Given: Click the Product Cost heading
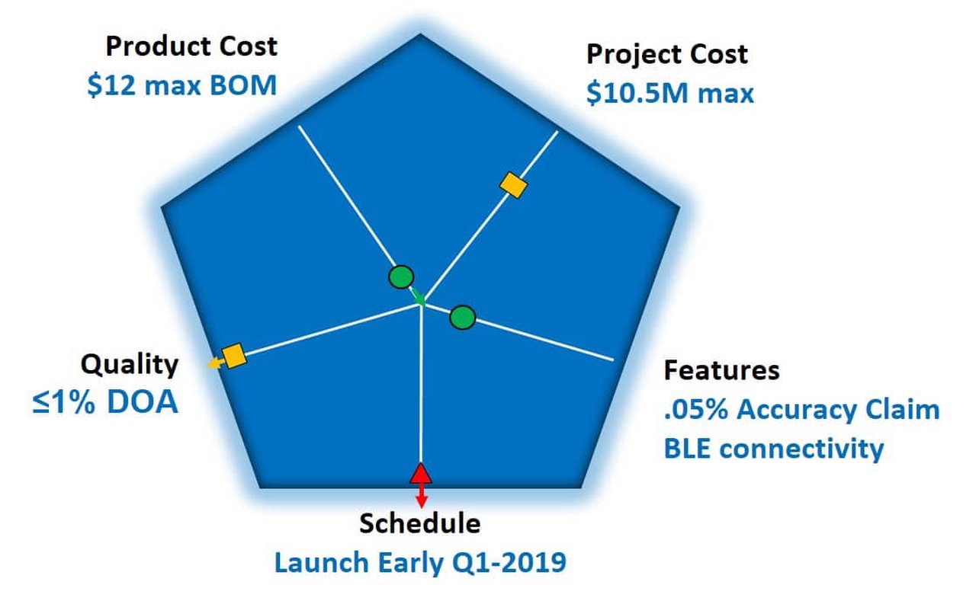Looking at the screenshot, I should pyautogui.click(x=191, y=46).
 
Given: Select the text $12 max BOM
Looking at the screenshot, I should pyautogui.click(x=181, y=85).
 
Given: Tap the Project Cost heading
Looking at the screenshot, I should pyautogui.click(x=666, y=54).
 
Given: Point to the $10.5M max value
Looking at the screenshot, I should pyautogui.click(x=669, y=93).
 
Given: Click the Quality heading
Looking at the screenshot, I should pyautogui.click(x=130, y=364).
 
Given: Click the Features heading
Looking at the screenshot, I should pyautogui.click(x=721, y=370).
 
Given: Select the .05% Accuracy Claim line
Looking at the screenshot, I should pyautogui.click(x=801, y=410).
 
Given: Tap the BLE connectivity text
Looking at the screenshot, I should pyautogui.click(x=773, y=448).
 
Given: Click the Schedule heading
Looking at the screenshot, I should pyautogui.click(x=420, y=523).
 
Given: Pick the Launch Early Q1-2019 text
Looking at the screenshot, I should pyautogui.click(x=420, y=563).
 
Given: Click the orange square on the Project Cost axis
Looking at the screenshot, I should pyautogui.click(x=513, y=184).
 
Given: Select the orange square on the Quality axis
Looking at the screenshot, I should pyautogui.click(x=233, y=356).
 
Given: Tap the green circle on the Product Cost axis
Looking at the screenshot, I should pyautogui.click(x=401, y=277).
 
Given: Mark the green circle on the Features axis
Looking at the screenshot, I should pyautogui.click(x=462, y=317).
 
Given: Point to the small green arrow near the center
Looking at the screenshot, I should pyautogui.click(x=418, y=297).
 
